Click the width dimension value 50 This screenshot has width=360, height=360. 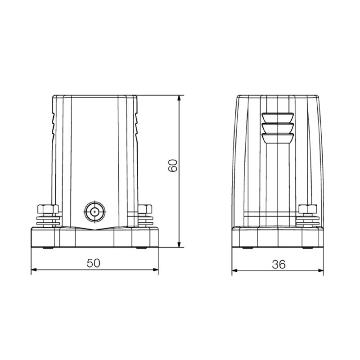coord(94,264)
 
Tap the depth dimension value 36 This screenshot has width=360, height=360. coord(279,264)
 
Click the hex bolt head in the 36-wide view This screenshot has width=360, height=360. coord(309,209)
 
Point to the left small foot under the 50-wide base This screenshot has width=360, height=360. coord(46,248)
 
